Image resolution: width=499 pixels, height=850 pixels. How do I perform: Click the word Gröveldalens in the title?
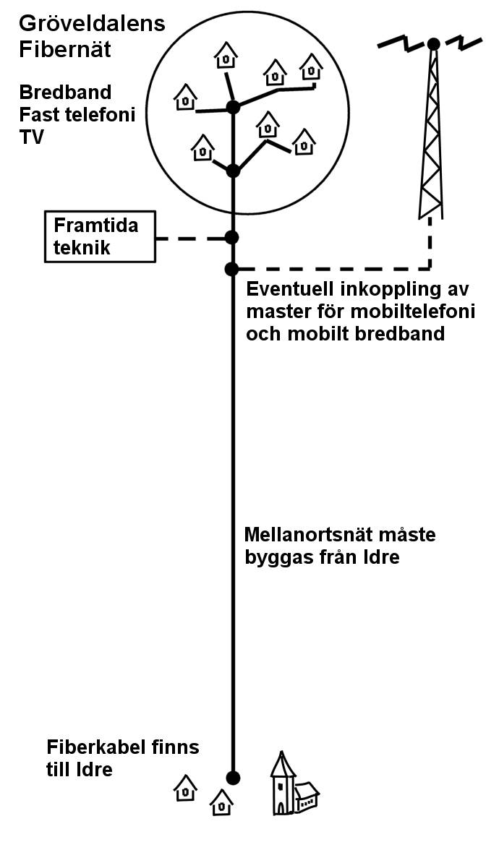tap(93, 24)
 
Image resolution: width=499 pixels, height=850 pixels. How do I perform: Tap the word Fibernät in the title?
tap(65, 49)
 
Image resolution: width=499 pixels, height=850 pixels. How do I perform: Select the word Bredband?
tap(65, 93)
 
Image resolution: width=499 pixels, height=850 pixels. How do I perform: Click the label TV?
tap(32, 137)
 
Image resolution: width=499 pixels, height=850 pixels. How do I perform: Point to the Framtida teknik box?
tap(100, 236)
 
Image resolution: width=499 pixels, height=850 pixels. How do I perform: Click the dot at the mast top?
tap(433, 44)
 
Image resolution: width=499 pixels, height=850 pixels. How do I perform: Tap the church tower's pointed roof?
tap(283, 764)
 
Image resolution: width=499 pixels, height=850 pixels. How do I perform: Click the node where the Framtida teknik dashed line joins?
tap(232, 237)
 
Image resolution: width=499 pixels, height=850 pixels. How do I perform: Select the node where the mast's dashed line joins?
tap(231, 268)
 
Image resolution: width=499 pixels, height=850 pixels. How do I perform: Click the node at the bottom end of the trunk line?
tap(233, 778)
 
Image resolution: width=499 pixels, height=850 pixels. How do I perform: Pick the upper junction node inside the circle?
tap(233, 107)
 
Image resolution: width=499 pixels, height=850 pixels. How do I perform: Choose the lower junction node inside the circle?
tap(233, 171)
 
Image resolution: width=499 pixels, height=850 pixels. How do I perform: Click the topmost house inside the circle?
tap(226, 56)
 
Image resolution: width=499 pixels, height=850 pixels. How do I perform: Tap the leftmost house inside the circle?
tap(185, 97)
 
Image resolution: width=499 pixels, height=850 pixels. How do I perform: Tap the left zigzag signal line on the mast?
tap(402, 42)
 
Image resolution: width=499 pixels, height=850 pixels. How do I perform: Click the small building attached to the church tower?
tap(307, 796)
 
